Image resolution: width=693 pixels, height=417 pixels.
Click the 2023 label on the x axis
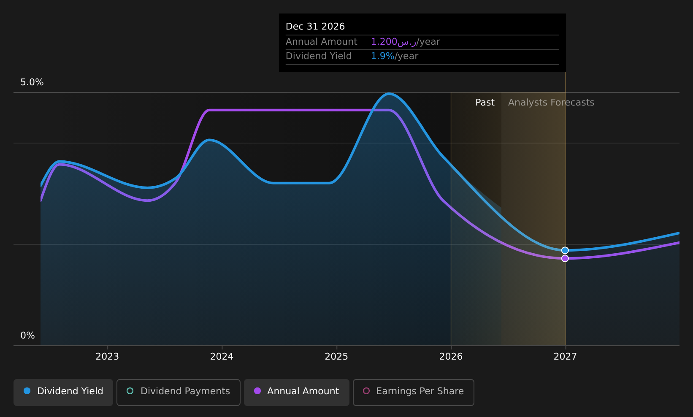(x=107, y=357)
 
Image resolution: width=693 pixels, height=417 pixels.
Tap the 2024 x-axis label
(x=222, y=357)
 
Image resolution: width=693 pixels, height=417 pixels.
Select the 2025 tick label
(x=336, y=357)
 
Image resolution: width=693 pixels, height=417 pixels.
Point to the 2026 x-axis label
(x=451, y=357)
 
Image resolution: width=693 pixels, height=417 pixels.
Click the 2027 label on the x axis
(x=565, y=357)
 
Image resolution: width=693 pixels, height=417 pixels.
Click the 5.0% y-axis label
(x=32, y=82)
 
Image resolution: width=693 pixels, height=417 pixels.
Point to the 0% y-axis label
(x=27, y=336)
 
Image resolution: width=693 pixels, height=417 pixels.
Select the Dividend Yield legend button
(x=63, y=392)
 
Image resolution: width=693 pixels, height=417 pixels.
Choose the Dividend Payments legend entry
(x=179, y=392)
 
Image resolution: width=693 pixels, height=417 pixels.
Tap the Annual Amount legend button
(x=296, y=392)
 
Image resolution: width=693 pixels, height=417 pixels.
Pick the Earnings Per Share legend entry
(x=413, y=392)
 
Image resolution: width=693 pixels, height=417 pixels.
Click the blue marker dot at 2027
(x=565, y=250)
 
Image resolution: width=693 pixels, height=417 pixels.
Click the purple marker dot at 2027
(x=565, y=258)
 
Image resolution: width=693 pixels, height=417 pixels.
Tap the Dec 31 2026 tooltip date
(x=315, y=27)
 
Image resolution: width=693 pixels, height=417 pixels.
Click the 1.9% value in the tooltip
(x=382, y=56)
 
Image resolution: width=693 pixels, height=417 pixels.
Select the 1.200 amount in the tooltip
(x=384, y=41)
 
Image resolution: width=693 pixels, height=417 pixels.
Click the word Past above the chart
(x=485, y=103)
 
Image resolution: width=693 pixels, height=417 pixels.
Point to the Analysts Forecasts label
(x=551, y=103)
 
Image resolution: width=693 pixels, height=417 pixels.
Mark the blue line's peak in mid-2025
(x=389, y=93)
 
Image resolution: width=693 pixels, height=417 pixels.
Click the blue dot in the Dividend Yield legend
(x=27, y=391)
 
